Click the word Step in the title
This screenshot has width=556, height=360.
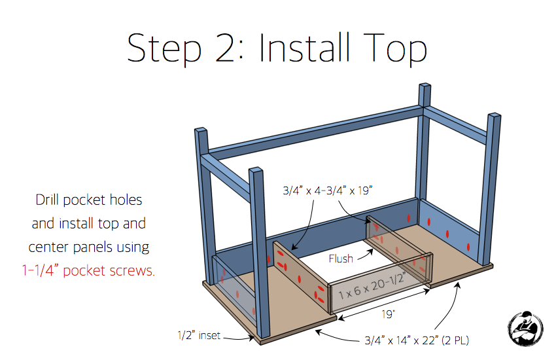coord(164,49)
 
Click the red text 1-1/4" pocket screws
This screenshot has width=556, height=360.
coord(88,270)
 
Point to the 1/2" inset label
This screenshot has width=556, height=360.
coord(199,335)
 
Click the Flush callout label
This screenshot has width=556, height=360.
coord(341,259)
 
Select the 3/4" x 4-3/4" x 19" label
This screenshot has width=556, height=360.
coord(327,190)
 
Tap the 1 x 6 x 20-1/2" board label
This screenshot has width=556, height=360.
coord(372,286)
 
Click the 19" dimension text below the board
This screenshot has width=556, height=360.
coord(388,314)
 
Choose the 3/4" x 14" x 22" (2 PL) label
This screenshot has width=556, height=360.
coord(417,341)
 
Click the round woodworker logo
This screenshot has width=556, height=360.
coord(525,329)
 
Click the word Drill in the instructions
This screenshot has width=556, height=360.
coord(47,200)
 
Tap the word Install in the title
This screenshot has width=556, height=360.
coord(304,48)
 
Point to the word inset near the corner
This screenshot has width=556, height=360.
coord(209,335)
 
